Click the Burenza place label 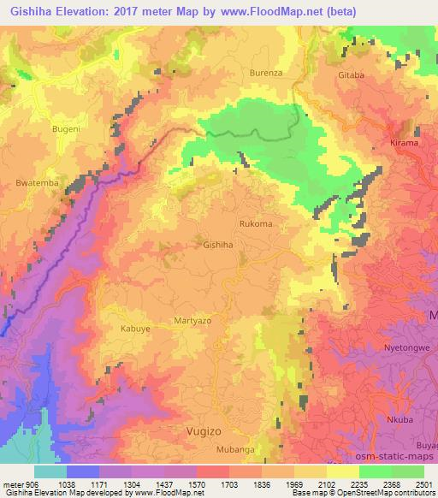(x=266, y=74)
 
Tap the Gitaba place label (x=351, y=75)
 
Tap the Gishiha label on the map (x=217, y=245)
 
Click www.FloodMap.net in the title (x=266, y=11)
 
